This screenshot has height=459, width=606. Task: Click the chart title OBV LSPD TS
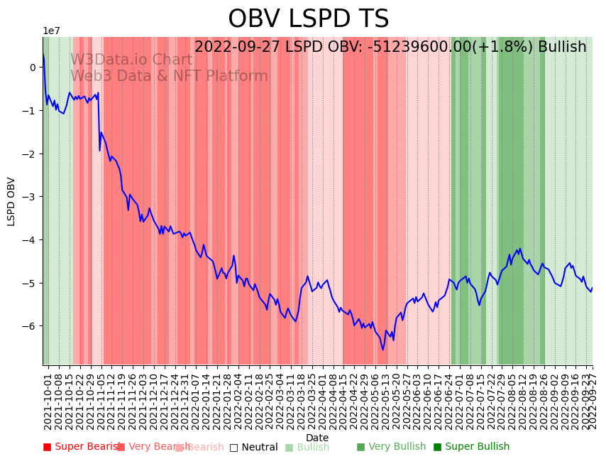308,19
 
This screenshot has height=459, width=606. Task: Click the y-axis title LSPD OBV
11,201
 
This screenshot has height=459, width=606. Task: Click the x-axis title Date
317,438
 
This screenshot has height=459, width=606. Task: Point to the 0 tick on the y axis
33,67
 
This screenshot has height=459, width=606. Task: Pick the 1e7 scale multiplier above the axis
51,31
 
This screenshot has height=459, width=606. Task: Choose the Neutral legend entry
253,448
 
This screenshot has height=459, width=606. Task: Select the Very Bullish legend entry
391,447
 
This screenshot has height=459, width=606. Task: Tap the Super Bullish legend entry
471,447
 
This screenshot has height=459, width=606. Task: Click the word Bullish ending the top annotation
562,48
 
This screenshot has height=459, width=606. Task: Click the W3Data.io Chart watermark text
131,60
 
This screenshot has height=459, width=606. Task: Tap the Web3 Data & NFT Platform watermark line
169,76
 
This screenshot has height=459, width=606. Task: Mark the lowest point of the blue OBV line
382,349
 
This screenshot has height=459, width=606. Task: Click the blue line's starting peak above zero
43,53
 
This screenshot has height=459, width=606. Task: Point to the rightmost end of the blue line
592,288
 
